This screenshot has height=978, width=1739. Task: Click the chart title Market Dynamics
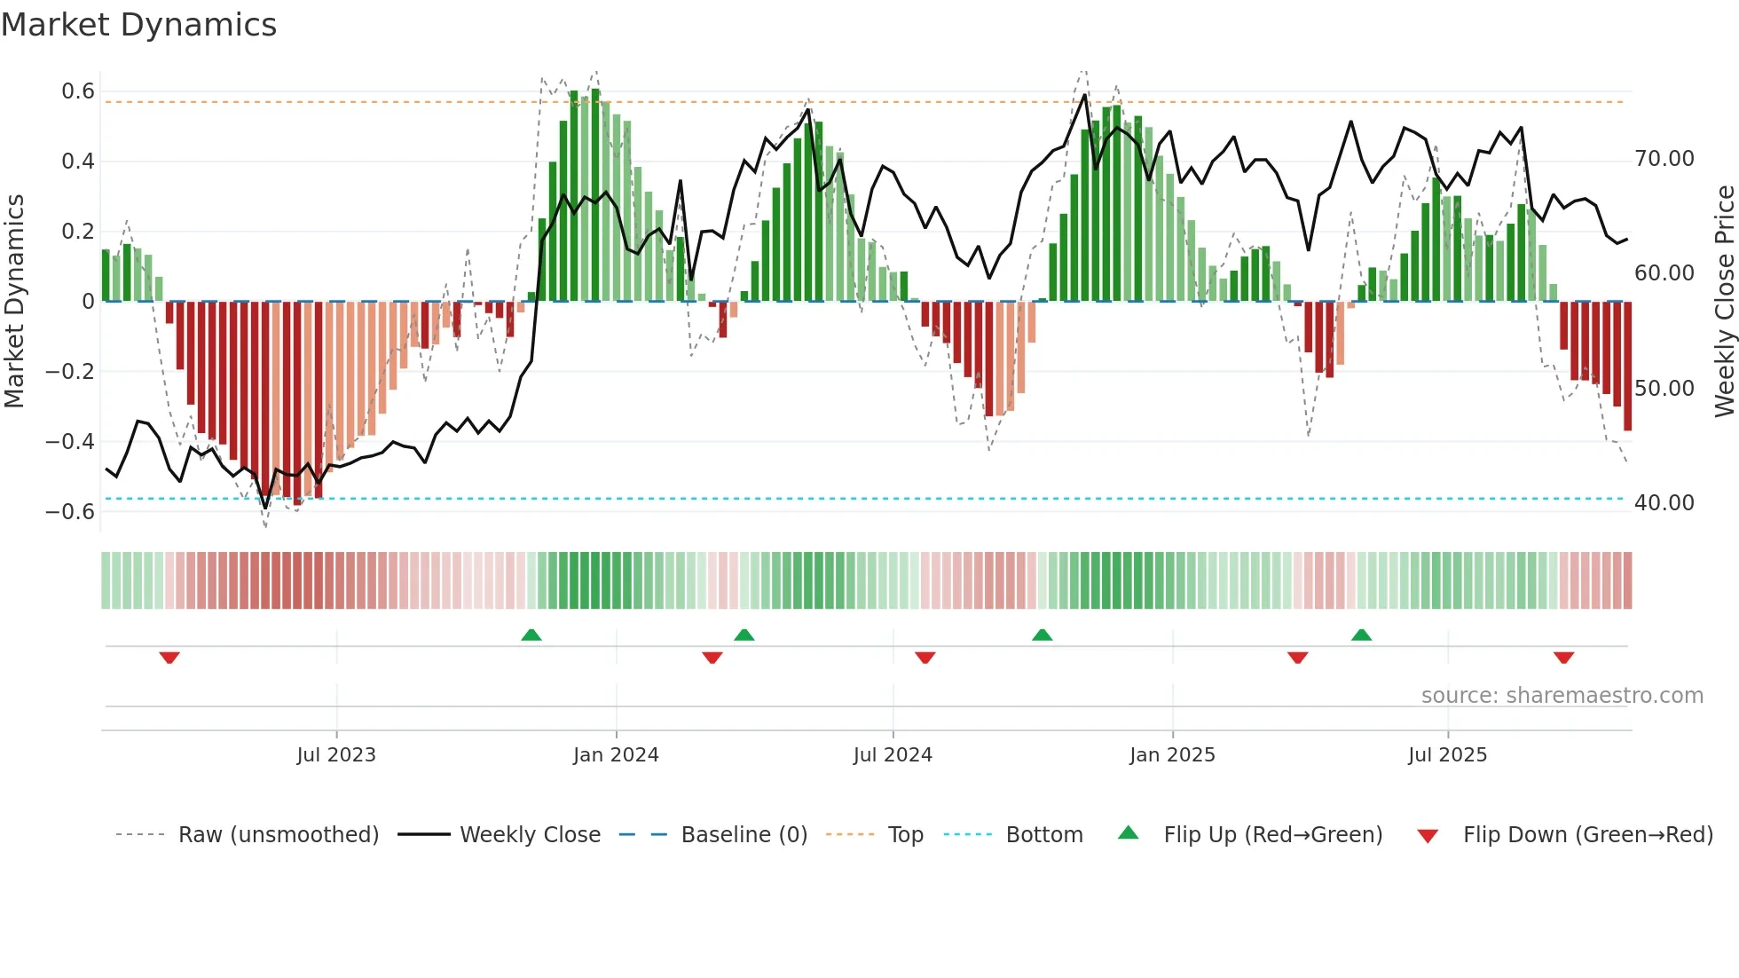click(x=139, y=25)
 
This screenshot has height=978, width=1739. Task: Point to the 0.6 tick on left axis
click(x=78, y=91)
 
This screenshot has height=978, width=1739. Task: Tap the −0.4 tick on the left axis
click(x=70, y=441)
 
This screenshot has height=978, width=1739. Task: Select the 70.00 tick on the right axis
click(x=1664, y=159)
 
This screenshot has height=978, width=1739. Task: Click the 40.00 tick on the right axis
click(x=1664, y=503)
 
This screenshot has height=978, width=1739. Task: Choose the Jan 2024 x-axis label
click(x=616, y=755)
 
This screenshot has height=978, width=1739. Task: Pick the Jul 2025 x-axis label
click(x=1447, y=755)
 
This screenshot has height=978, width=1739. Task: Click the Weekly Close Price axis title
click(x=1724, y=302)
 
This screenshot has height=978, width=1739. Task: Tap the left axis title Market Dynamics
click(x=14, y=302)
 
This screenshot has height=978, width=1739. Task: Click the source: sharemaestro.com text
click(x=1562, y=696)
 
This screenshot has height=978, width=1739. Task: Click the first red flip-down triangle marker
click(x=169, y=658)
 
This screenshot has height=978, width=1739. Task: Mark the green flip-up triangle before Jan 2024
click(x=531, y=635)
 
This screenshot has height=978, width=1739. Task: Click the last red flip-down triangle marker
click(x=1563, y=658)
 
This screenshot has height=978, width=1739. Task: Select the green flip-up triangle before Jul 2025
click(x=1361, y=635)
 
